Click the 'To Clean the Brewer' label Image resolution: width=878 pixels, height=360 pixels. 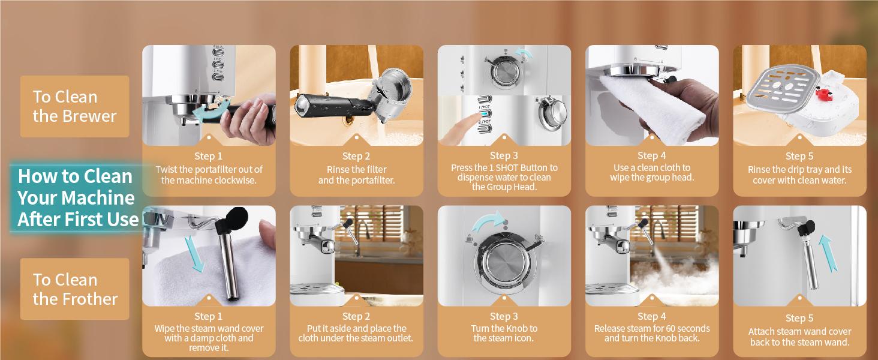tap(74, 106)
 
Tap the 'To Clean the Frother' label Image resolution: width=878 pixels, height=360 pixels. tap(75, 289)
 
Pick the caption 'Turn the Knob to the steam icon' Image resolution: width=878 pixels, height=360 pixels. tap(504, 333)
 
